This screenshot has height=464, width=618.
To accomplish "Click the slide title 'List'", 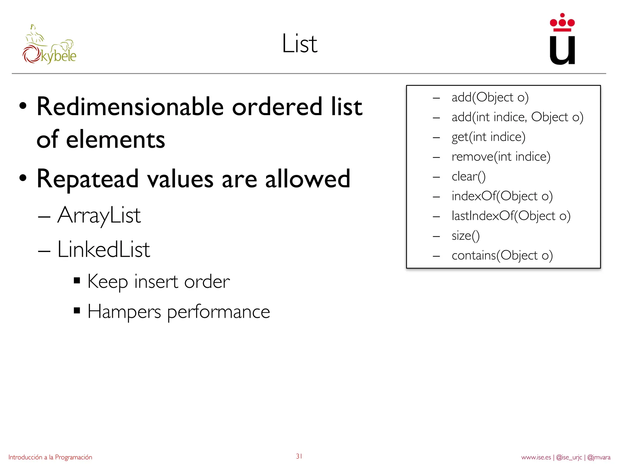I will pos(300,44).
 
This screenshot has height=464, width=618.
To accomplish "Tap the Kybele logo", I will pos(49,45).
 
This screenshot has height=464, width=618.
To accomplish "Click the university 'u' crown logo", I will pos(562,39).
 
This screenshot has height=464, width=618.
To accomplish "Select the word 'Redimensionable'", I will pos(130,107).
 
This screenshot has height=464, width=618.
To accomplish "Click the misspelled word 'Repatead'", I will pos(88,179).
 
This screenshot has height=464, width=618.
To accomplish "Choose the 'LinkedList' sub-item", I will pos(104,250).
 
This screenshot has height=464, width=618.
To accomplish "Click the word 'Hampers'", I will pos(124,312).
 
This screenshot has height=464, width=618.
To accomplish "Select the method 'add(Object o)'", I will pos(490,98).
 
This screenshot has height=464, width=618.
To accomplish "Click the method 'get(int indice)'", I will pos(488,137).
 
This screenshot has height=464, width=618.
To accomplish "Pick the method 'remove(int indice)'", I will pos(501,157).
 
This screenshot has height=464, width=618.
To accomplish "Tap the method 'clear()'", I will pos(468,177).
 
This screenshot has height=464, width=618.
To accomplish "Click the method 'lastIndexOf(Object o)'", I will pos(511,216).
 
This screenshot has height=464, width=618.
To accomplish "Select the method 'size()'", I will pos(465,236).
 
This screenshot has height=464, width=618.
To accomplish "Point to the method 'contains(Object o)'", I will pos(502,256).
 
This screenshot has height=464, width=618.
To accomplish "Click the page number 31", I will pos(299,456).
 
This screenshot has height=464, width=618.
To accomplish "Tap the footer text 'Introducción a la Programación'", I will pos(50,457).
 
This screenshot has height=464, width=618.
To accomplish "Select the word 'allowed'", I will pos(308,179).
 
